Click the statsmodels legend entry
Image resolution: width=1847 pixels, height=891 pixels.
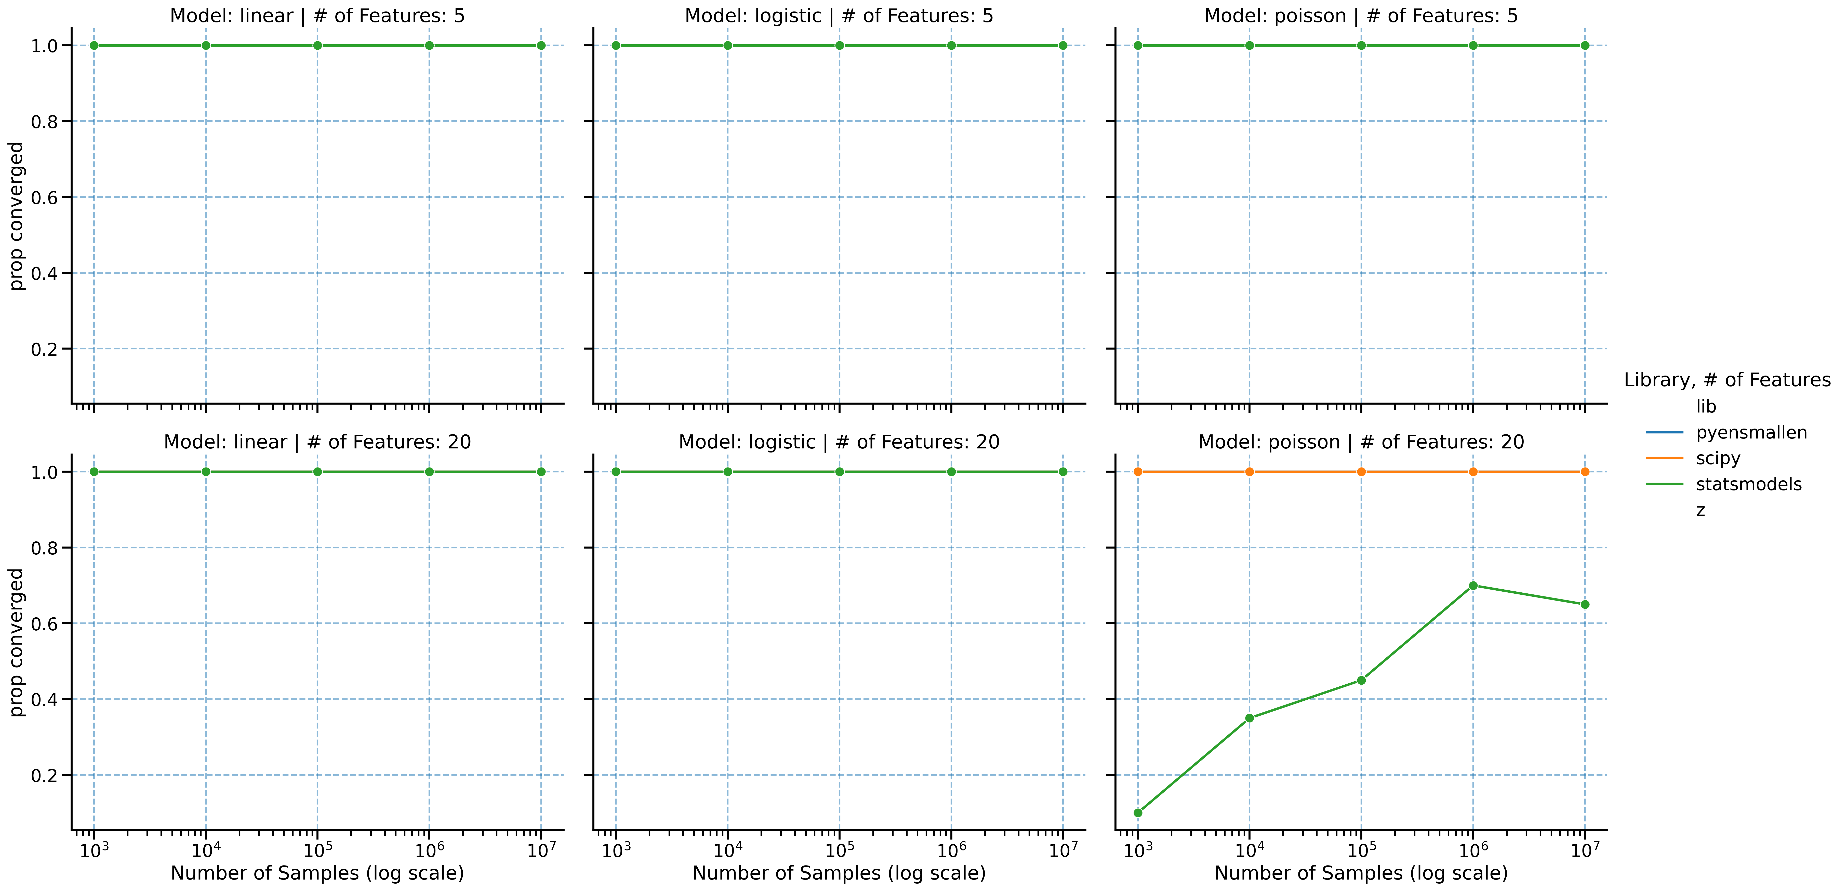[x=1748, y=485]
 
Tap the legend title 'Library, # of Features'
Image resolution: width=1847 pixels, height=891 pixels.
[x=1726, y=380]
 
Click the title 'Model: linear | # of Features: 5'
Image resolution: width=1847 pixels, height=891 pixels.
[x=317, y=16]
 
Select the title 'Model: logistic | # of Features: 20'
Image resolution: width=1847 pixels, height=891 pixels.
[x=839, y=442]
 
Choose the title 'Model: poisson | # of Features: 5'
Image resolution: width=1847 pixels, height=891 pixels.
[x=1361, y=16]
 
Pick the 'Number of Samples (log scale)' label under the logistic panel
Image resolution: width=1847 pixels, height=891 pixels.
[x=839, y=873]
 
